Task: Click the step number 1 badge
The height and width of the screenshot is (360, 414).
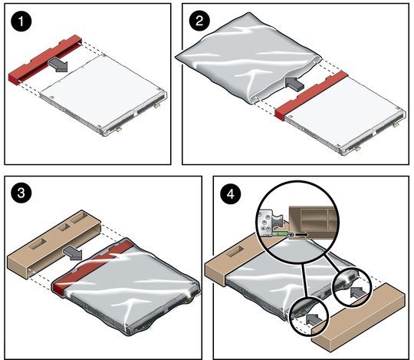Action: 21,21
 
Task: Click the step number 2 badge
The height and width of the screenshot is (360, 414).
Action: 199,21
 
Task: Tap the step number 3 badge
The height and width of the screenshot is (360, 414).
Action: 21,193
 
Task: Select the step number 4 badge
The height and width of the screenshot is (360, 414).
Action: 231,194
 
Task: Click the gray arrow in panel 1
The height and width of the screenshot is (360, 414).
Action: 58,64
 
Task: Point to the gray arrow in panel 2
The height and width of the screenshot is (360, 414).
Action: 294,84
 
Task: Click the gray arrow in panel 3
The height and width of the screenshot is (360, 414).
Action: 73,253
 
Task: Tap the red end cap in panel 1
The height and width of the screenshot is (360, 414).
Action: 45,59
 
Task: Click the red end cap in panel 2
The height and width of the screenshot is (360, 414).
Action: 311,95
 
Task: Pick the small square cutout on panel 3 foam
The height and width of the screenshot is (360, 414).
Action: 64,227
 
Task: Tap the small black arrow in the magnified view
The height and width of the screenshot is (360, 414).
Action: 301,234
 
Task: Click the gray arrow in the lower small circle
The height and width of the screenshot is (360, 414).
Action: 314,319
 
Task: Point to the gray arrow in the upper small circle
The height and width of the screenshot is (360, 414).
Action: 359,292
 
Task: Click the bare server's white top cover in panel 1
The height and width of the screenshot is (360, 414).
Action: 102,88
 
